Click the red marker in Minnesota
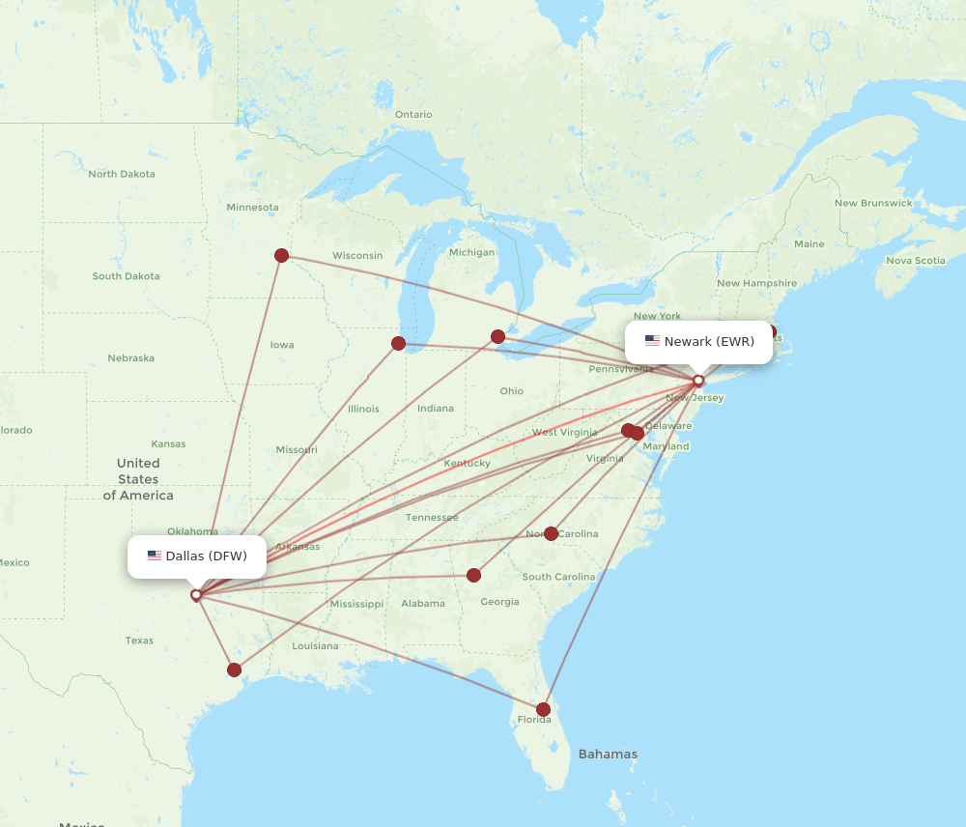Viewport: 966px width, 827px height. point(281,255)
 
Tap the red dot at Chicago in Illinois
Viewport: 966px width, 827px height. point(398,343)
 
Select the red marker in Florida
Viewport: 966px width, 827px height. point(543,709)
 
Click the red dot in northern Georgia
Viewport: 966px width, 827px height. point(473,575)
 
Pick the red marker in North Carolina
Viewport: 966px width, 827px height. point(551,533)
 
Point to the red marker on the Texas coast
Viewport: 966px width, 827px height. point(234,670)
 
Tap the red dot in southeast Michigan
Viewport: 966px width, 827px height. point(497,336)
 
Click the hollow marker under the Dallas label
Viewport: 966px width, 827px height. point(196,595)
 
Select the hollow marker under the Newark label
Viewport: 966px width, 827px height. point(698,380)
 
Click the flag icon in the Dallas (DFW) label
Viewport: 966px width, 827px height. point(155,556)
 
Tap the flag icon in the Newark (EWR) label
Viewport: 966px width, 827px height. point(652,341)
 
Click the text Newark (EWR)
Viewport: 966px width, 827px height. point(709,341)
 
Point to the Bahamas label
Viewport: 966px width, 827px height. point(608,754)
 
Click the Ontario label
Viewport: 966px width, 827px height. point(413,114)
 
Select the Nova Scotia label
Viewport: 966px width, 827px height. point(916,260)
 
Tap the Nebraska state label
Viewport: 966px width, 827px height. point(130,357)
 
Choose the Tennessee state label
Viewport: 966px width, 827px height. point(432,517)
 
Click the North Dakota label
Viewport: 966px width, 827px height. point(122,174)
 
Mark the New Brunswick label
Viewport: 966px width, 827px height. point(873,203)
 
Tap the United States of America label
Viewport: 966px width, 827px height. point(138,479)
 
